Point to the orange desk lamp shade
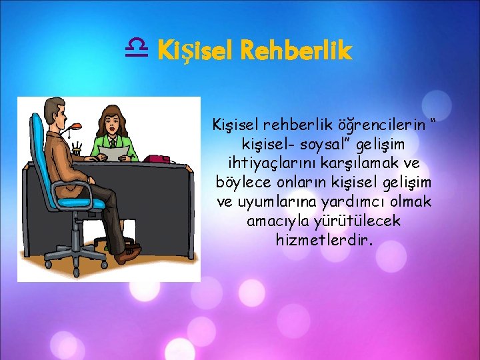79,125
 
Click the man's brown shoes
127,254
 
